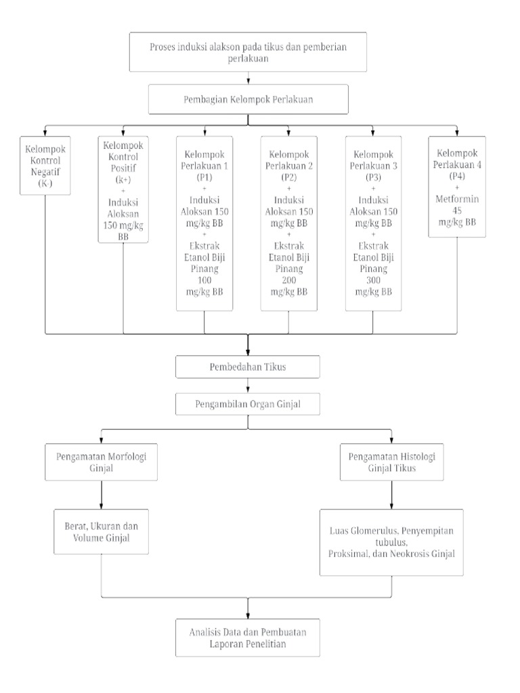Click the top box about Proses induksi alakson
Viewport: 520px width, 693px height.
(x=248, y=51)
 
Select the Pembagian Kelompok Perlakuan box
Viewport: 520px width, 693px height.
(x=248, y=100)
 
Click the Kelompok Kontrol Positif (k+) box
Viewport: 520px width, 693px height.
(x=123, y=189)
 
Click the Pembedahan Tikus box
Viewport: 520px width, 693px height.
(x=248, y=367)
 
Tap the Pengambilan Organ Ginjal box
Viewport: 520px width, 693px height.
(x=248, y=405)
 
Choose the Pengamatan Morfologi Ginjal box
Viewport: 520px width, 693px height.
(x=102, y=462)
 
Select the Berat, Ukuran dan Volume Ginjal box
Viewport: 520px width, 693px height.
(x=102, y=532)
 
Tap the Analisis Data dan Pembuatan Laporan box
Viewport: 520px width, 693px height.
(x=248, y=638)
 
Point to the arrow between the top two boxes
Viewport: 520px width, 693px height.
(x=248, y=79)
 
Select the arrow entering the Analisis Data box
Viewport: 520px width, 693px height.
(x=248, y=609)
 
